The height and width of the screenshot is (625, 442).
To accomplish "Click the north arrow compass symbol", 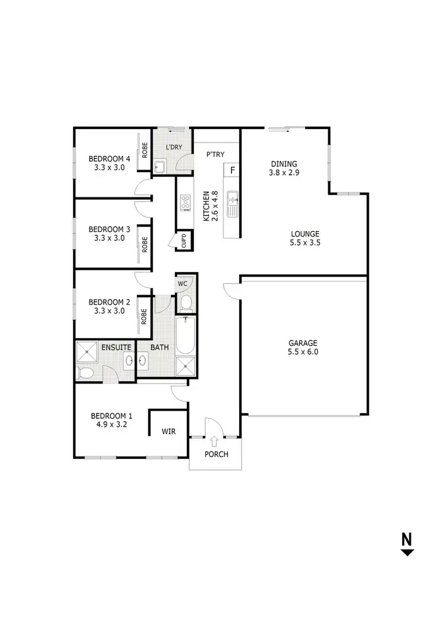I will [407, 545].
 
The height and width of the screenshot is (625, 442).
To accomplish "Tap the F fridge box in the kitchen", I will [233, 171].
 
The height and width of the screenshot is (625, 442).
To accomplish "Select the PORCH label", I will [216, 454].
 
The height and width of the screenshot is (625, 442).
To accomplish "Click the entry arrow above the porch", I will [214, 440].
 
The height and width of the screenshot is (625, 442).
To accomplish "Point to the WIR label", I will [169, 432].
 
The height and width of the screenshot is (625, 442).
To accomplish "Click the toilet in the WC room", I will [186, 303].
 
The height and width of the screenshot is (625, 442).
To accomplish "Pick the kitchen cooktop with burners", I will [186, 203].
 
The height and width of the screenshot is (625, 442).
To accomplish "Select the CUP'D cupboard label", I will [183, 242].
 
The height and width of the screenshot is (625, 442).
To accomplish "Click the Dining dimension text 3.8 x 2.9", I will [284, 173].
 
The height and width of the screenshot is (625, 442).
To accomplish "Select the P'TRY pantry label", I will [213, 154].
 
